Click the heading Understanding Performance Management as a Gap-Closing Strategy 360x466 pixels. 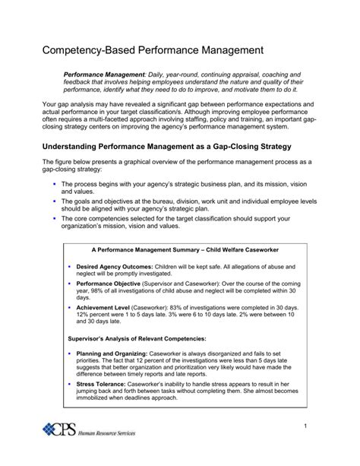click(161, 144)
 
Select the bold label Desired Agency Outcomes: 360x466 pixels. click(113, 268)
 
